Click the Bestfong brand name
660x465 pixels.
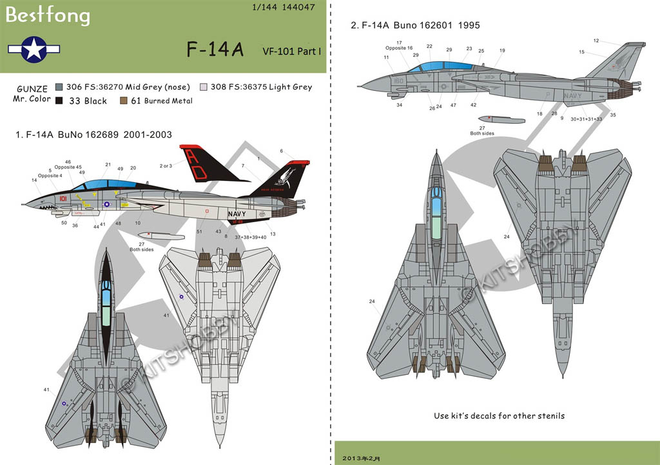[x=48, y=15]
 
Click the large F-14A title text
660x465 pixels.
[x=215, y=50]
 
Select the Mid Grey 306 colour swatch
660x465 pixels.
[x=59, y=87]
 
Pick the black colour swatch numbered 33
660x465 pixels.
[x=59, y=100]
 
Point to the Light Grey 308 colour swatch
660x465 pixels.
[x=204, y=87]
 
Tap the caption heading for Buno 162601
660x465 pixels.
[x=415, y=26]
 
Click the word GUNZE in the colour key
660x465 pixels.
[x=27, y=87]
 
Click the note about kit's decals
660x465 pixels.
[x=499, y=415]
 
